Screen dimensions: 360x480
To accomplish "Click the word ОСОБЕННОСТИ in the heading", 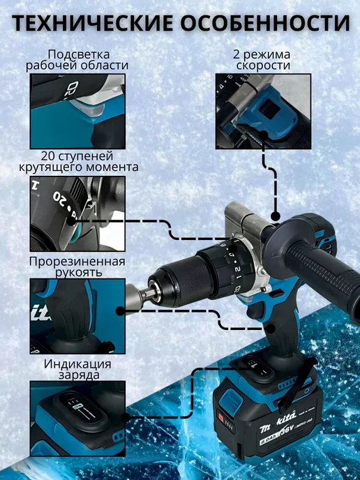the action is pyautogui.click(x=265, y=22).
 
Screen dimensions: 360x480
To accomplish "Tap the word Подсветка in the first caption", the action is pyautogui.click(x=79, y=54).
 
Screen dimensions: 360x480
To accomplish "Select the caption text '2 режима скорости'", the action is pyautogui.click(x=262, y=60).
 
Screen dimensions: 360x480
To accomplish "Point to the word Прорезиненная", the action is pyautogui.click(x=77, y=262).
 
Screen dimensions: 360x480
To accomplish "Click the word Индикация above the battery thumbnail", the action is pyautogui.click(x=77, y=364).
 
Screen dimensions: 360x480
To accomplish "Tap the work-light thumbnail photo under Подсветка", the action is pyautogui.click(x=77, y=112).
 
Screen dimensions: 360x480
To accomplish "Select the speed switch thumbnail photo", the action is pyautogui.click(x=263, y=112).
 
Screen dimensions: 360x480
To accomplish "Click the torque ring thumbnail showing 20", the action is pyautogui.click(x=77, y=213).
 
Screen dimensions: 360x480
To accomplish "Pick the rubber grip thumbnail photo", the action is pyautogui.click(x=77, y=316).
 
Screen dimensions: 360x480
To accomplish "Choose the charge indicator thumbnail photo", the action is pyautogui.click(x=77, y=419).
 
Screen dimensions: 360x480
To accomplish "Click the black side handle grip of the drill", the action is pyautogui.click(x=324, y=276).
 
